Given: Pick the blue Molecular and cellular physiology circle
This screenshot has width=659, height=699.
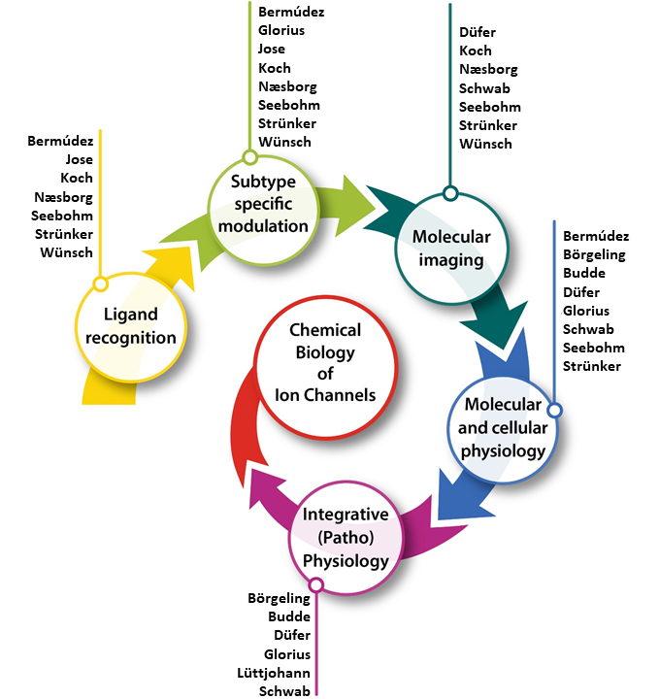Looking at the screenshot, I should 506,427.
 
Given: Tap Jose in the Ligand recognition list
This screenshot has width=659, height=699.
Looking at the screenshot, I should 79,159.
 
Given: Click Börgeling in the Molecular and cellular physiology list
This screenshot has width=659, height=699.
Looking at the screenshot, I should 594,254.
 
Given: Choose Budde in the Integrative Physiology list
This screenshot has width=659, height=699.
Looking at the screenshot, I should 289,616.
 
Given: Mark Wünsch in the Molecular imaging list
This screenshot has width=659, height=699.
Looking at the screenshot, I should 485,144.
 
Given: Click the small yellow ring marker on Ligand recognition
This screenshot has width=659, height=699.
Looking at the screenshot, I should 99,284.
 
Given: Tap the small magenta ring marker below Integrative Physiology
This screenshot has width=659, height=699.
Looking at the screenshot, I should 315,584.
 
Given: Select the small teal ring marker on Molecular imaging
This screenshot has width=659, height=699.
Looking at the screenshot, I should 449,192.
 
